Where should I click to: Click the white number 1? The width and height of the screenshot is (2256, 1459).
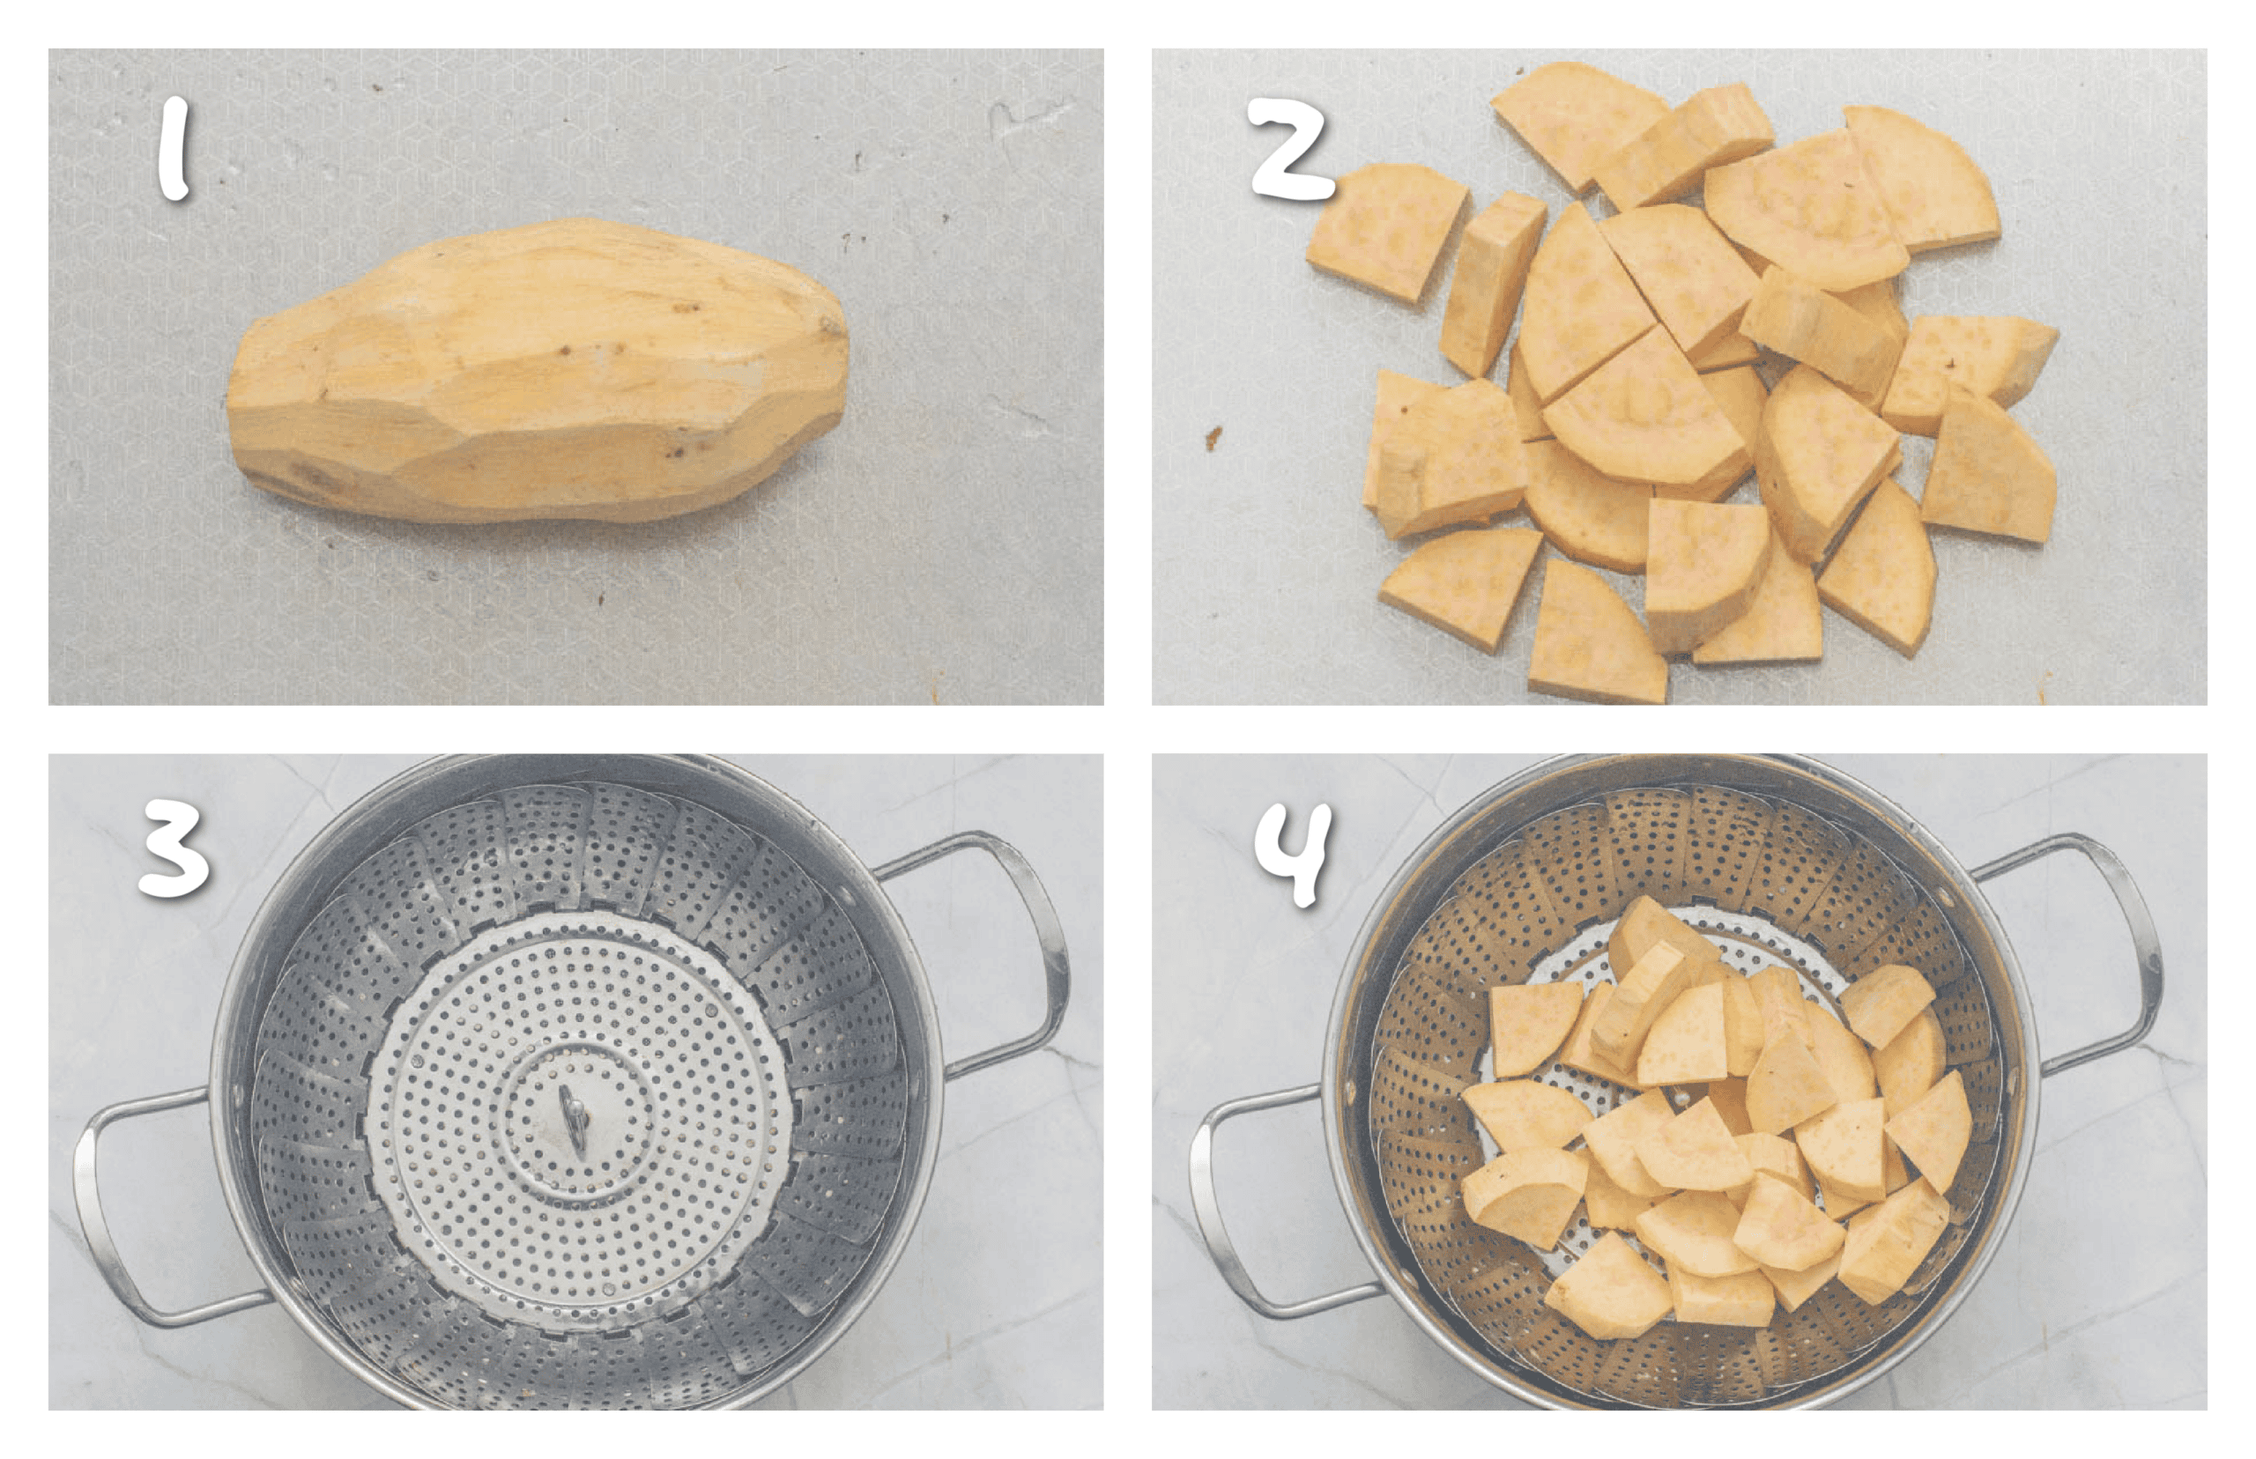[175, 152]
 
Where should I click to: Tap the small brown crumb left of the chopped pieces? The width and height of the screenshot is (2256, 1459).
[1213, 438]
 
